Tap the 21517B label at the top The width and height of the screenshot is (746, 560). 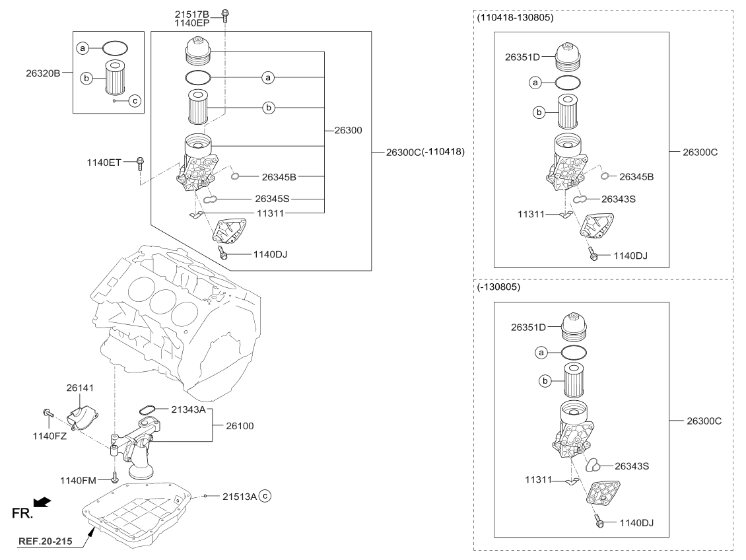[x=192, y=13]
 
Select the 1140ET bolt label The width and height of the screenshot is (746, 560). [x=104, y=162]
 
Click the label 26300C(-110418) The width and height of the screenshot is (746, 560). [x=426, y=152]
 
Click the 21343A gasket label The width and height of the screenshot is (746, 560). [x=189, y=410]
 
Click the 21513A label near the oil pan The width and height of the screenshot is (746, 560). [x=239, y=496]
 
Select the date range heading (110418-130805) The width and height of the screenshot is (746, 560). [x=515, y=18]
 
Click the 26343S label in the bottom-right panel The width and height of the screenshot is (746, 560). [x=632, y=466]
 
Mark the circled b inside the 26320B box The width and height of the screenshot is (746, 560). [x=85, y=78]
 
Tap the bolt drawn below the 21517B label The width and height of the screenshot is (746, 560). [x=225, y=15]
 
